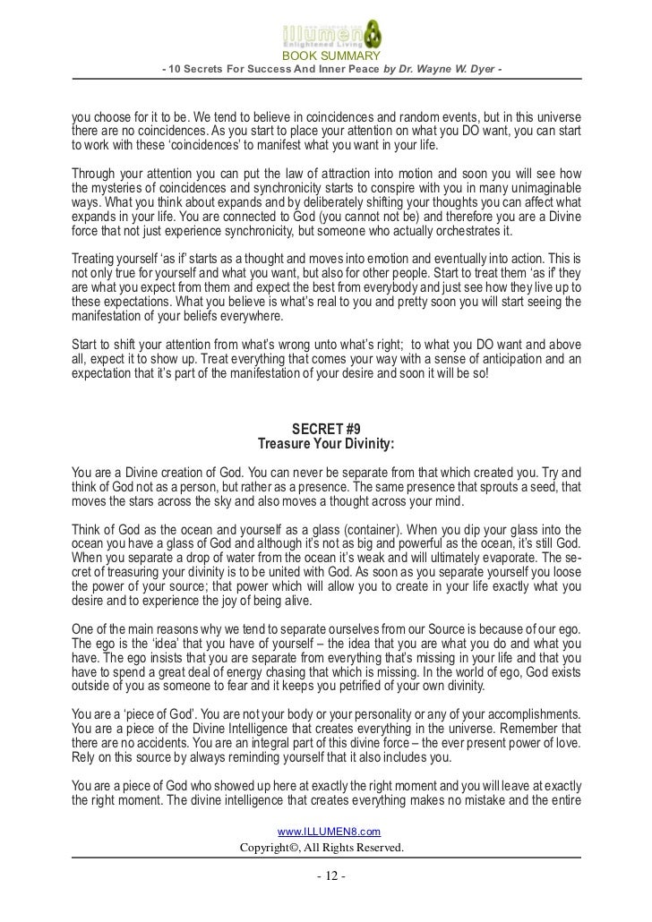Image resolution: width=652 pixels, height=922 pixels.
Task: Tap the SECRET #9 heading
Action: click(325, 427)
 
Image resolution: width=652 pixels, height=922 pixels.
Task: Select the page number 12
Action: click(325, 875)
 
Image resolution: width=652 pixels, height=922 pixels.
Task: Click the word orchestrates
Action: click(450, 232)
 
